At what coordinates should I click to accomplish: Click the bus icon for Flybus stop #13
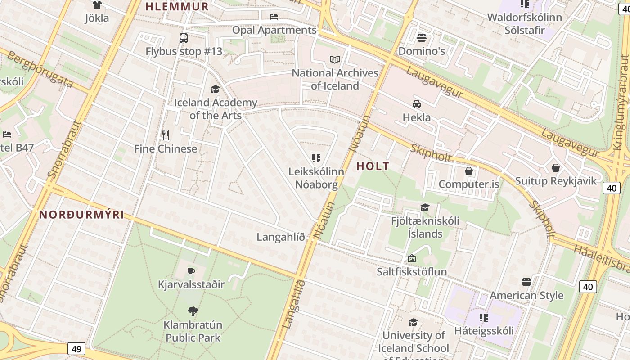[x=184, y=38]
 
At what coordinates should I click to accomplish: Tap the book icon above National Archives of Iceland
[x=335, y=59]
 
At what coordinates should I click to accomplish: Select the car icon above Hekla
[x=417, y=104]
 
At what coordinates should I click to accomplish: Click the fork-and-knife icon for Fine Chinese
[x=166, y=135]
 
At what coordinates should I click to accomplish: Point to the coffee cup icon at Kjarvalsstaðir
[x=191, y=271]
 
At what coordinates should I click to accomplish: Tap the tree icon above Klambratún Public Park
[x=193, y=311]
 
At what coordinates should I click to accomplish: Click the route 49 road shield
[x=77, y=348]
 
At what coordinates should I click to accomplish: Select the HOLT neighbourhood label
[x=373, y=166]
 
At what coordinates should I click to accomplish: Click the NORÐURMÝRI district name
[x=81, y=215]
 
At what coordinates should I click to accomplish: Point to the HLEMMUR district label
[x=177, y=6]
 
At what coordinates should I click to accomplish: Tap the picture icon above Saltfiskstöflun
[x=411, y=258]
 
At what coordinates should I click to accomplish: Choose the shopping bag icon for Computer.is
[x=469, y=171]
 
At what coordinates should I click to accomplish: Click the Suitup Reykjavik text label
[x=556, y=181]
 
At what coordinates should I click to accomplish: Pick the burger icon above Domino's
[x=422, y=37]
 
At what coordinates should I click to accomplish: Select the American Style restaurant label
[x=526, y=295]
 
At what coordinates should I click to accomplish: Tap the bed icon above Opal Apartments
[x=274, y=17]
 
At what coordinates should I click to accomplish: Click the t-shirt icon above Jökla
[x=97, y=5]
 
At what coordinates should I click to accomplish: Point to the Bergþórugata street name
[x=40, y=70]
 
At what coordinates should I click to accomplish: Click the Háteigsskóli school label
[x=484, y=331]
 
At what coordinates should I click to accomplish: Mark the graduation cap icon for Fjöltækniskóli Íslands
[x=425, y=207]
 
